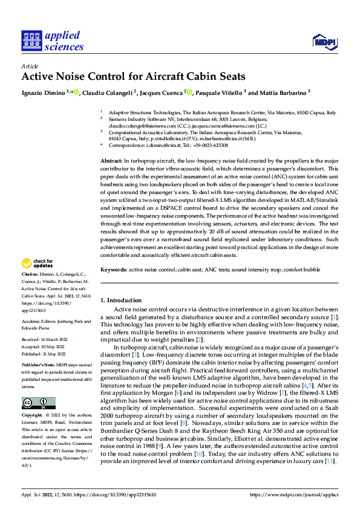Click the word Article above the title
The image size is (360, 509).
(30, 66)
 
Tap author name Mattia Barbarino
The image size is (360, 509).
(283, 93)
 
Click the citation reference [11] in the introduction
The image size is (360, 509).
(329, 462)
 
